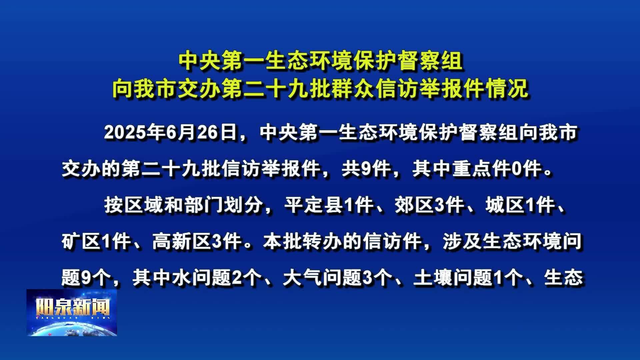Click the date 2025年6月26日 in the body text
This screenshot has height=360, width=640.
pos(171,133)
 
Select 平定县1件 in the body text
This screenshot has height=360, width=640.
pos(328,205)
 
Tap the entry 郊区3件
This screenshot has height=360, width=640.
pos(429,205)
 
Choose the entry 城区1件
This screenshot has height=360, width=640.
pos(520,205)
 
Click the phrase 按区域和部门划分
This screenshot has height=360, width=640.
pos(183,205)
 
